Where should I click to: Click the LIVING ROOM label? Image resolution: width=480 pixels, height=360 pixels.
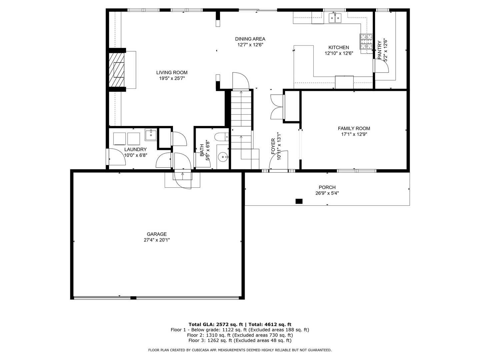pos(172,73)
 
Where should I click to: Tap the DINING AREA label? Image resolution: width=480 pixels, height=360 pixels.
pos(250,39)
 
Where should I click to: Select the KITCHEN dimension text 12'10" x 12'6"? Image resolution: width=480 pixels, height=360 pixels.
pos(339,53)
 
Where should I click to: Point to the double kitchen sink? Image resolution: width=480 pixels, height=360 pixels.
pos(335,18)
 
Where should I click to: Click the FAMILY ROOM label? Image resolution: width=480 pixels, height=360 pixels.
pos(354,128)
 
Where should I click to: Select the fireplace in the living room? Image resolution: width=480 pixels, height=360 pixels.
pos(117,70)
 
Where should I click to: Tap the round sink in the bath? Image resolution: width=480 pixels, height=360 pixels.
pos(222,156)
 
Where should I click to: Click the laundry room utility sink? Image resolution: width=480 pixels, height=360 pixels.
pos(151,135)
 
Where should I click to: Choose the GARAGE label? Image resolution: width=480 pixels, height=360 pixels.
pos(157,234)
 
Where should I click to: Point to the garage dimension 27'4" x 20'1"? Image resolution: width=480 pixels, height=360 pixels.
pos(157,240)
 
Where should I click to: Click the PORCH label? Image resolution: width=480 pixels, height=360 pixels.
pos(327,187)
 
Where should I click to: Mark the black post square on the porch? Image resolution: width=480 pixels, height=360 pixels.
pos(299,201)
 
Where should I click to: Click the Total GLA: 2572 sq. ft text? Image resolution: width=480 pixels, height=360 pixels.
pos(216,324)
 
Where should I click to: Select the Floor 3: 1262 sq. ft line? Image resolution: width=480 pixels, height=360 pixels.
pos(240,340)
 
